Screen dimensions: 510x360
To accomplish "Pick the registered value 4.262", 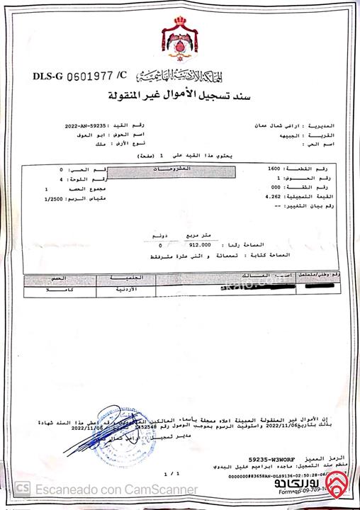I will click(273, 195).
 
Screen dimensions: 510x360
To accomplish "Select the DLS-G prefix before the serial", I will click(49, 75).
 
